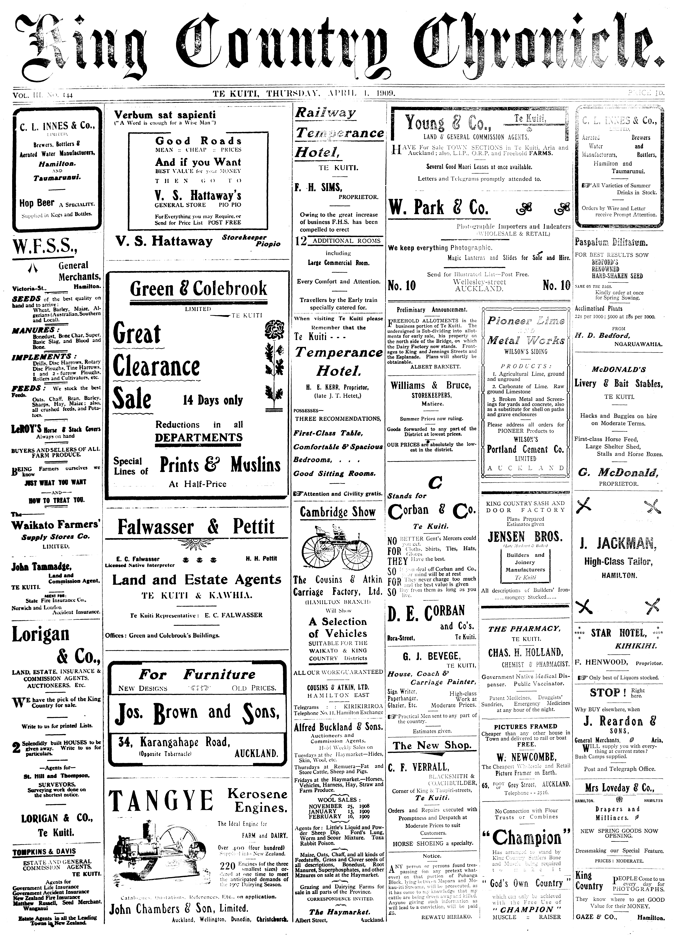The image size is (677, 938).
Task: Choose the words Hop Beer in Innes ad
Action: click(x=36, y=203)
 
